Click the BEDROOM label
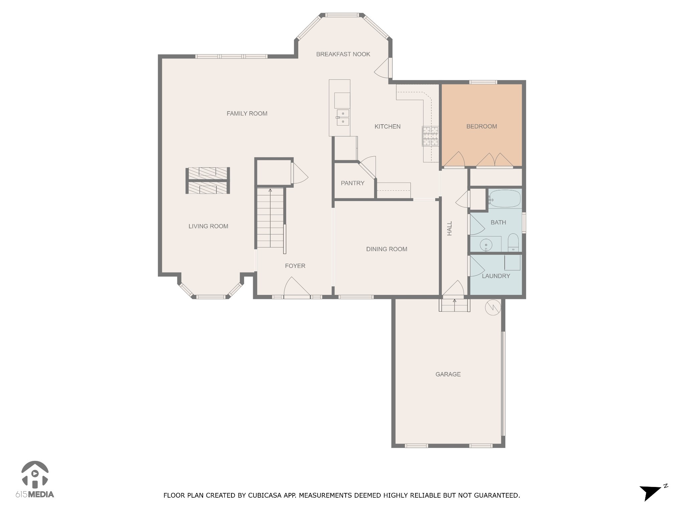(x=481, y=126)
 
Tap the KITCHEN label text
(x=387, y=126)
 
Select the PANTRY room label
(x=352, y=183)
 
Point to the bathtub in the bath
(x=505, y=199)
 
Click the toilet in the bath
(x=513, y=242)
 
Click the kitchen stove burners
(x=430, y=136)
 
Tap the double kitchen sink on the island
(x=343, y=118)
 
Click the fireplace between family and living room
(x=207, y=180)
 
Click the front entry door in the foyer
(x=297, y=287)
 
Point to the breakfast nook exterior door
(x=384, y=68)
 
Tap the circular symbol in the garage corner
(x=493, y=307)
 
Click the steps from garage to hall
(x=454, y=305)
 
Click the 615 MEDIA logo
(x=35, y=479)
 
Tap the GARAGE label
(x=448, y=374)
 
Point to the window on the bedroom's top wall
(x=483, y=82)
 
